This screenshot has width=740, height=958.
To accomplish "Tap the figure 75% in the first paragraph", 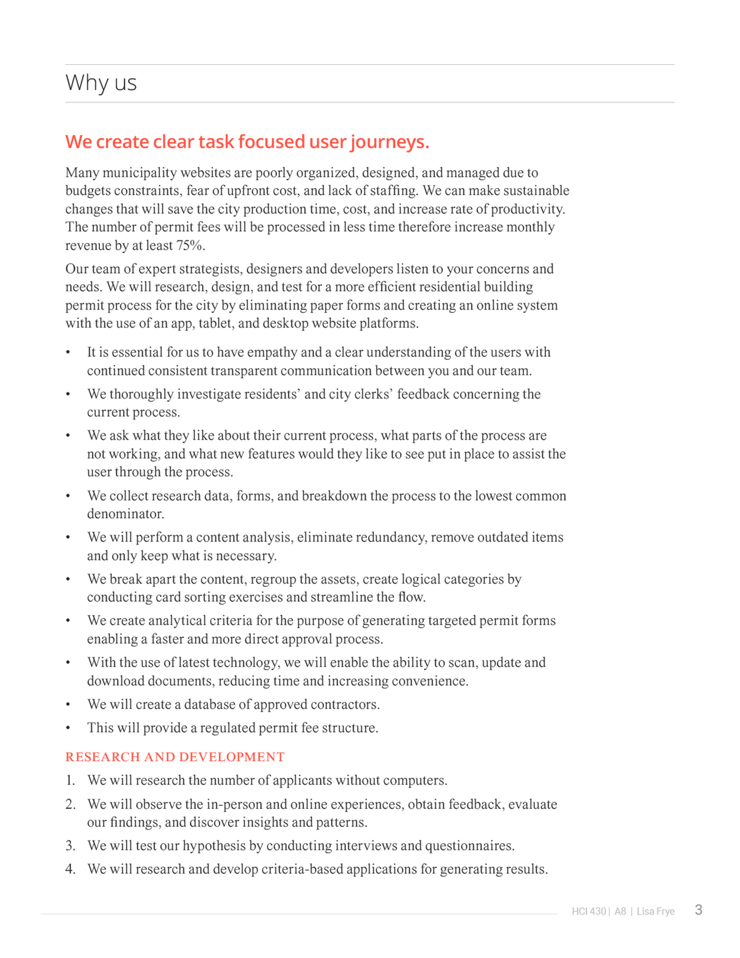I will tap(189, 245).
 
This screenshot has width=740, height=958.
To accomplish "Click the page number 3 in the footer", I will tap(699, 910).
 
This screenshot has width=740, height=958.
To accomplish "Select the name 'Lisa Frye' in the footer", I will tap(656, 911).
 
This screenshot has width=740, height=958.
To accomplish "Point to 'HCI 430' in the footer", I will tap(589, 911).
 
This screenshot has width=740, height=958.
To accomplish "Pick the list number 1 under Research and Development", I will tap(70, 780).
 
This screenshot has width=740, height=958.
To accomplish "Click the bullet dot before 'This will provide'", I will tap(68, 728).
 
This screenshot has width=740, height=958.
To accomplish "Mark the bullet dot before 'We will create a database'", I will tap(68, 704).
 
